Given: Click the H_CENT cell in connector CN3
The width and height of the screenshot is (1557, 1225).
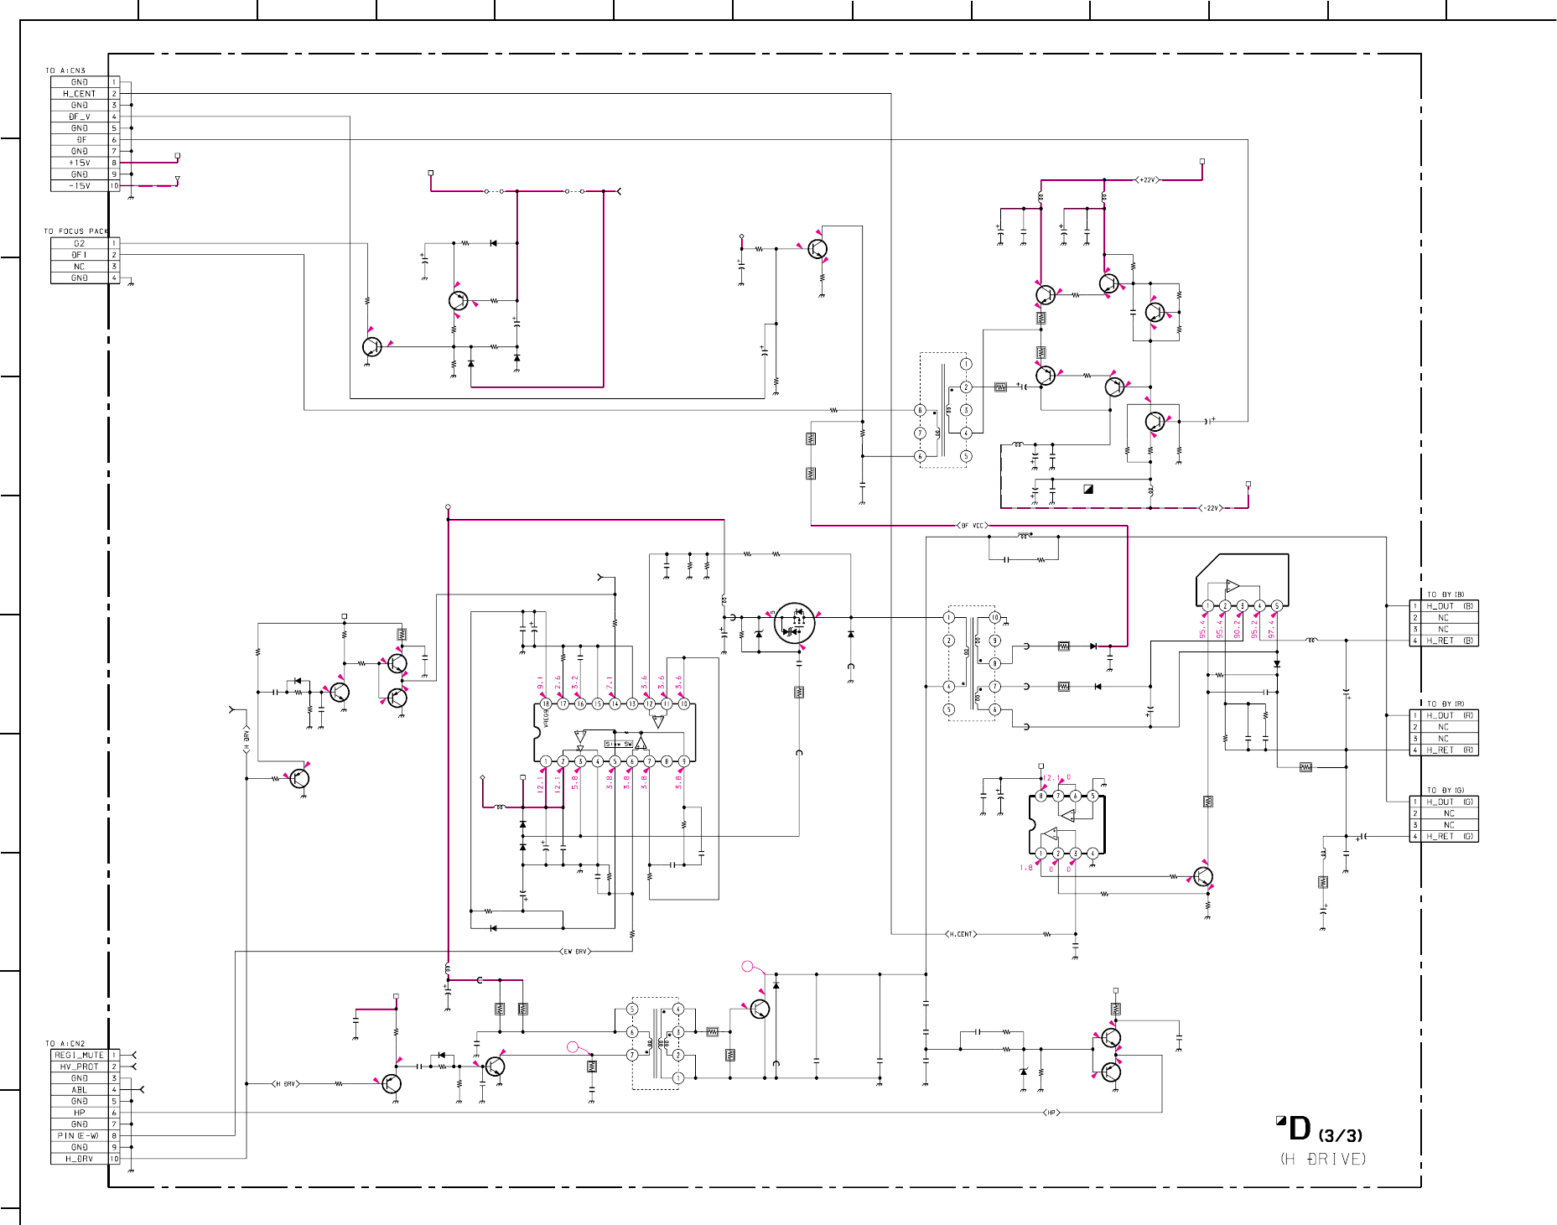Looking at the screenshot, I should (x=80, y=94).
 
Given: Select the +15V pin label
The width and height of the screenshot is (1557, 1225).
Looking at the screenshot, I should (x=80, y=163).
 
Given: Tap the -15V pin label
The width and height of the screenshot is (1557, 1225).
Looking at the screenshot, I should (x=80, y=186).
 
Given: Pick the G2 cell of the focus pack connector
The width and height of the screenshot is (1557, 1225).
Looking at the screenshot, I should (x=80, y=243).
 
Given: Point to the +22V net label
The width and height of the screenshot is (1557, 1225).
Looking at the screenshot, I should (x=1147, y=180).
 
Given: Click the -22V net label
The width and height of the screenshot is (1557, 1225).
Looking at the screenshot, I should (x=1211, y=508).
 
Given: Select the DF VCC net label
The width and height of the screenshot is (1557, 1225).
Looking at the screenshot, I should (x=973, y=526).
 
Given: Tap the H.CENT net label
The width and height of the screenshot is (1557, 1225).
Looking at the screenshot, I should (x=961, y=934).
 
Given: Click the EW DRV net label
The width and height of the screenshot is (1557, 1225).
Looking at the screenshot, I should (x=574, y=952).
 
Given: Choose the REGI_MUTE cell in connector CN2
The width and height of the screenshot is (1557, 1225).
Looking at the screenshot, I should (x=80, y=1055).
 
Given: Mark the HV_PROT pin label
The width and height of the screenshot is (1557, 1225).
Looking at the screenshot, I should (x=80, y=1067).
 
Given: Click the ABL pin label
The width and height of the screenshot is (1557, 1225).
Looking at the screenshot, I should (x=80, y=1090).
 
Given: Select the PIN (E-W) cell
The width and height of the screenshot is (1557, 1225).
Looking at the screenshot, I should (x=80, y=1136).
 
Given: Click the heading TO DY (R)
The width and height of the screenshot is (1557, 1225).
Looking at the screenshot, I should (x=1445, y=704).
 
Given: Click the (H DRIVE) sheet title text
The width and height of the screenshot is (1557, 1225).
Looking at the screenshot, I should (x=1323, y=1159).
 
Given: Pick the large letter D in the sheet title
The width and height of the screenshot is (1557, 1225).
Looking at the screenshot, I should (x=1299, y=1129).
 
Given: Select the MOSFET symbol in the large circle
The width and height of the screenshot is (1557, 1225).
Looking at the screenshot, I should (x=794, y=623).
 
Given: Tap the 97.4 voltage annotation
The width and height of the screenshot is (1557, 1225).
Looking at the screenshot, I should (x=1272, y=629).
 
